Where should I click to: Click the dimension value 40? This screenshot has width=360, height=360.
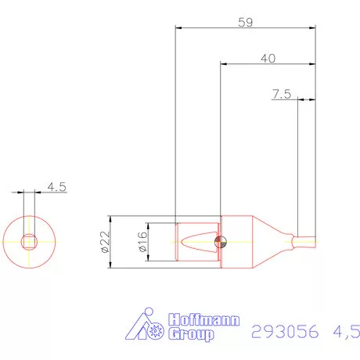(268, 58)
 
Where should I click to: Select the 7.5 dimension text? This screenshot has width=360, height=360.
(282, 94)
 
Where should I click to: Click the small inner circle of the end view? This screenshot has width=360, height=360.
(30, 241)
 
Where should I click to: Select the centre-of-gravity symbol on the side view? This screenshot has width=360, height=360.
(221, 242)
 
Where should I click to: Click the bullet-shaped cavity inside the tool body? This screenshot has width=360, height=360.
(196, 242)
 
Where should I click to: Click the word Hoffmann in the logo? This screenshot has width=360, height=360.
(205, 321)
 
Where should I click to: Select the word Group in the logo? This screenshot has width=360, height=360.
(192, 335)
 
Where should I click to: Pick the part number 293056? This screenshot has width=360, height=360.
(286, 332)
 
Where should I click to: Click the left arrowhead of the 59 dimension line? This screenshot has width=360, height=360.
(178, 28)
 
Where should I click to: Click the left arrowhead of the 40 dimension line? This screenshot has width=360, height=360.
(224, 65)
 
